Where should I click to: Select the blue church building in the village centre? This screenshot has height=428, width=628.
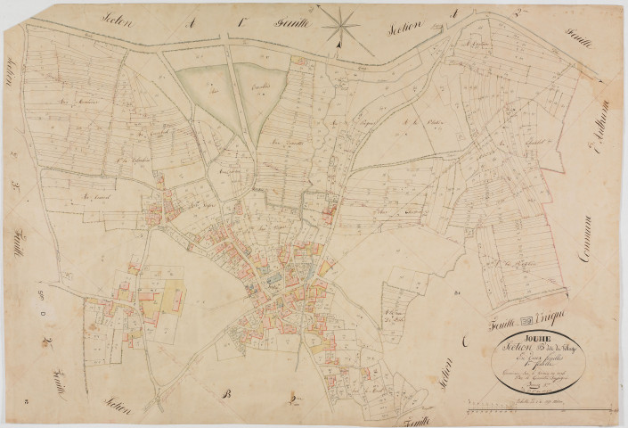pos(273,281)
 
